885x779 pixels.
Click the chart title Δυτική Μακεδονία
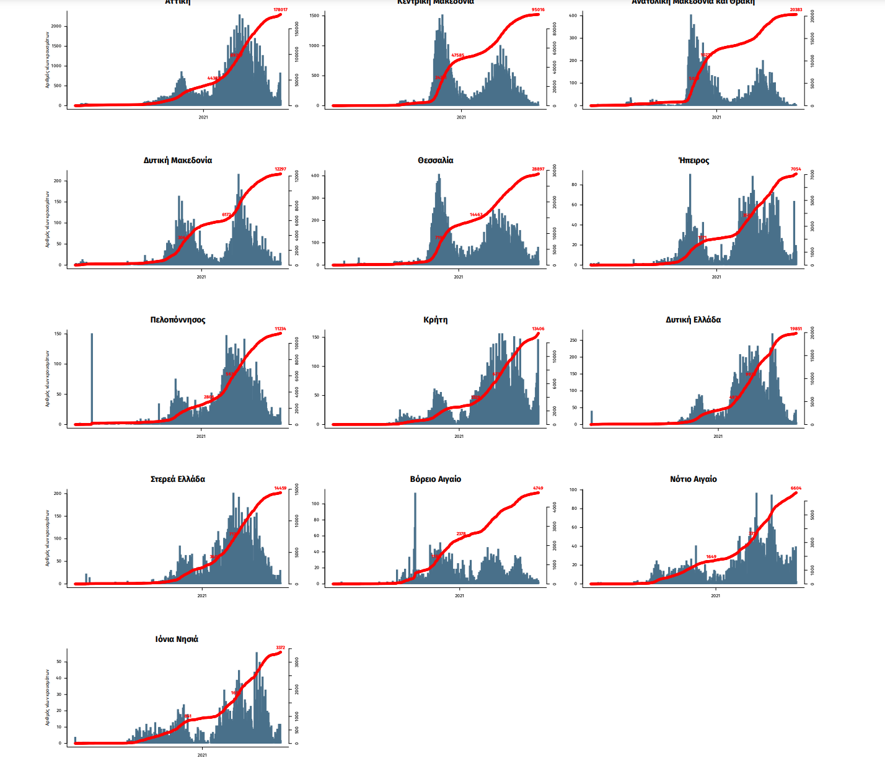coord(178,161)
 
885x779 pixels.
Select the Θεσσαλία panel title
coord(435,161)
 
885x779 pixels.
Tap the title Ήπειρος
coord(693,161)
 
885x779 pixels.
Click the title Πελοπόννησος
coord(178,320)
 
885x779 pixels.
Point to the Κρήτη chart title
coord(435,320)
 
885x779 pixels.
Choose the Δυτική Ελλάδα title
coord(693,320)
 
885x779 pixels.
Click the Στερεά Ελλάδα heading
coord(178,479)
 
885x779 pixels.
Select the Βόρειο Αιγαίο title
coord(435,479)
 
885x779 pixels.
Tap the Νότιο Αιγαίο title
coord(693,479)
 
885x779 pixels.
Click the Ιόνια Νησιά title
coord(177,639)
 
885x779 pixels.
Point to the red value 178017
coord(280,10)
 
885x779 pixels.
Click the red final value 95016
coord(538,10)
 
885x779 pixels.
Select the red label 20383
coord(796,10)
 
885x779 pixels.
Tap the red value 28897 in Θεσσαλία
coord(538,169)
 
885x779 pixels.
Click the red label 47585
coord(457,55)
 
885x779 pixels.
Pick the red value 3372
coord(280,648)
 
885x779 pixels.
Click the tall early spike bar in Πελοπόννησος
coord(92,378)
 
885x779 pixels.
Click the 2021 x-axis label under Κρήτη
coord(459,437)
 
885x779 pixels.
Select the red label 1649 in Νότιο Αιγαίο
coord(711,557)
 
